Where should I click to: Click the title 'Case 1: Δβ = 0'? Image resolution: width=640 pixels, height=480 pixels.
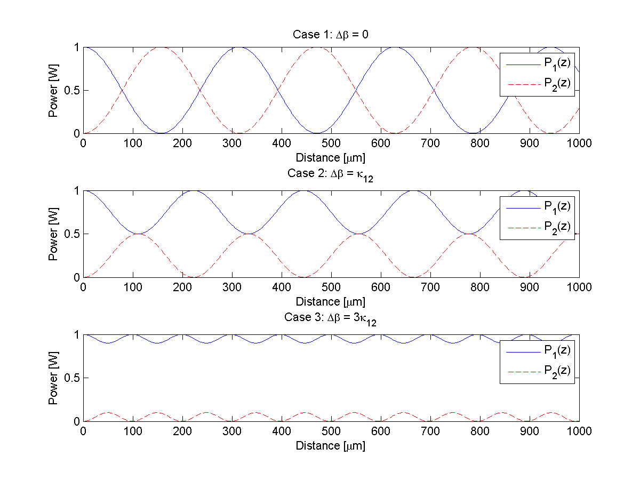(x=331, y=35)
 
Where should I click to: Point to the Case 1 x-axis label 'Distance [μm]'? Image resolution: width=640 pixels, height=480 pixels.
(x=331, y=158)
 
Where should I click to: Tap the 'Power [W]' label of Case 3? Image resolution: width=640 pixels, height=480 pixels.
(x=53, y=378)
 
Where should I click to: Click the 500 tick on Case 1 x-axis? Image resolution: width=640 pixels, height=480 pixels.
(x=331, y=143)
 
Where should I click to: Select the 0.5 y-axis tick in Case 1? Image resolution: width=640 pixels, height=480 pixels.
(x=71, y=90)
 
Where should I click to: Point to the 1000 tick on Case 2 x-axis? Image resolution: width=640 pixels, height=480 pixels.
(x=579, y=287)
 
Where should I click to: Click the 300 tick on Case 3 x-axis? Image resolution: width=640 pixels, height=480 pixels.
(x=232, y=431)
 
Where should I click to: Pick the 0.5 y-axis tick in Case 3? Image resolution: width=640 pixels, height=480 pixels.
(x=71, y=378)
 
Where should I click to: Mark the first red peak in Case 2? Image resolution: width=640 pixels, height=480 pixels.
(x=138, y=234)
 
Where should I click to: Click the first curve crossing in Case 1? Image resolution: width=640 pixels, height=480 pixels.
(x=122, y=90)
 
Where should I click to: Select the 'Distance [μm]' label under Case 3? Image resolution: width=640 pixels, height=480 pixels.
(x=331, y=446)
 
